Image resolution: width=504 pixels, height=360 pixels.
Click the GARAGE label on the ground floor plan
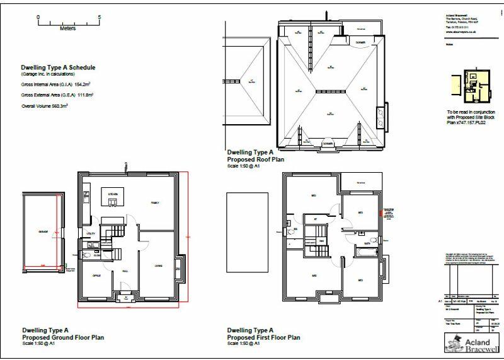coord(43,232)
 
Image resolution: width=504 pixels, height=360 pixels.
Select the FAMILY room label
coord(154,202)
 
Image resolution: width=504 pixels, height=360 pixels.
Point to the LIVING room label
coord(158,267)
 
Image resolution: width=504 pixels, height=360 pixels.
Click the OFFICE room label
coord(97,276)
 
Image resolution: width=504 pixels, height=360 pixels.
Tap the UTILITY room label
coord(90,233)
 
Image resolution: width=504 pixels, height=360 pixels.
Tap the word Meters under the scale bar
coord(68,28)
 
